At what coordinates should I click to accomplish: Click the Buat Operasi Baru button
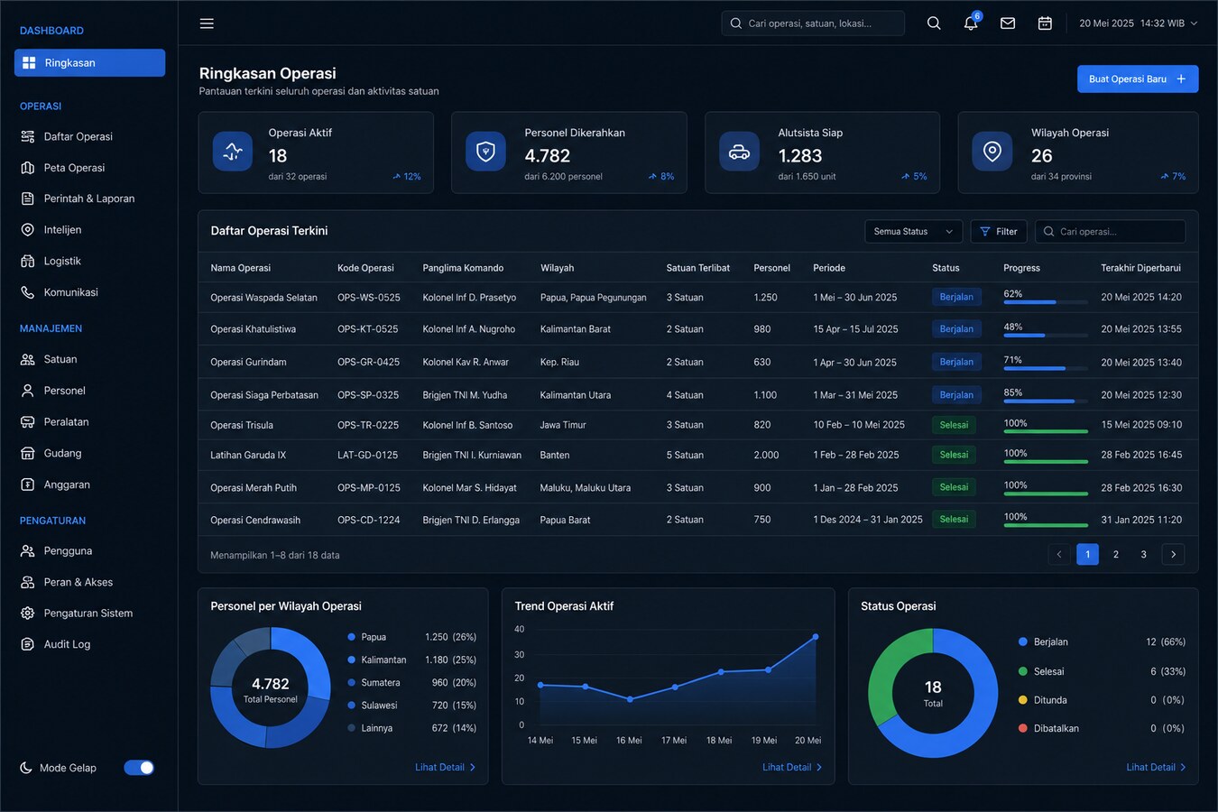[x=1138, y=78]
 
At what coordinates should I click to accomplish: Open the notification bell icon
[x=971, y=23]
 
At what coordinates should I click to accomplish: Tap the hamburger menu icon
[x=207, y=23]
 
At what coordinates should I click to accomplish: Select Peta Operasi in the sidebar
[x=74, y=168]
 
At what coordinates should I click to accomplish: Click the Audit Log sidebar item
[x=67, y=644]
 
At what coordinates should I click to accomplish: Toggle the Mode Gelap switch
[x=139, y=768]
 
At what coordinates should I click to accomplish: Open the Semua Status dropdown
[x=913, y=231]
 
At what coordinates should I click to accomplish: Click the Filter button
[x=999, y=231]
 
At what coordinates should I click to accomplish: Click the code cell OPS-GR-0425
[x=368, y=362]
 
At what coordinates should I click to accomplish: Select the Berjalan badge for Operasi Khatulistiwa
[x=956, y=328]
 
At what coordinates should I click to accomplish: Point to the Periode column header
[x=829, y=268]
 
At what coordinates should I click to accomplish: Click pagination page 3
[x=1143, y=554]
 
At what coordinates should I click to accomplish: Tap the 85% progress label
[x=1013, y=392]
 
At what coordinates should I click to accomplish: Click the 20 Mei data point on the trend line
[x=816, y=636]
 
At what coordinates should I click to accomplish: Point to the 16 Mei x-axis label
[x=629, y=740]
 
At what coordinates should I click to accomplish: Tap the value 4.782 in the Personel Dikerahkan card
[x=547, y=155]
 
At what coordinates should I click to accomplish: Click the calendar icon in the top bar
[x=1045, y=23]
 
